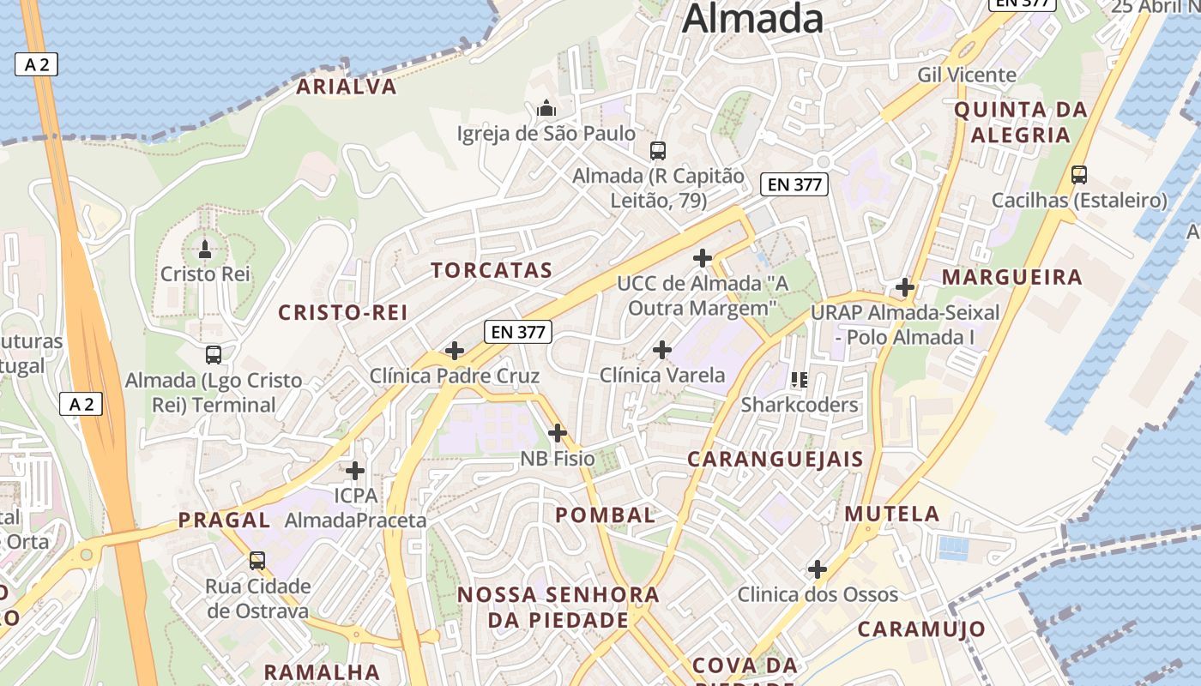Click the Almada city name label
pyautogui.click(x=753, y=19)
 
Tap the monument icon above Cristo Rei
pyautogui.click(x=205, y=250)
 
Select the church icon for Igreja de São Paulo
pyautogui.click(x=546, y=109)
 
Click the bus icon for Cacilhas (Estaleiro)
pyautogui.click(x=1079, y=175)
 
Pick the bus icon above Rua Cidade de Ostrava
pyautogui.click(x=257, y=561)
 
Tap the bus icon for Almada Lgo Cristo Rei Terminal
pyautogui.click(x=214, y=354)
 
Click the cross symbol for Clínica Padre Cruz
pyautogui.click(x=455, y=351)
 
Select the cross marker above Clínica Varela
pyautogui.click(x=662, y=350)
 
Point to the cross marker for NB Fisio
pyautogui.click(x=558, y=433)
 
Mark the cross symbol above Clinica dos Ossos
pyautogui.click(x=818, y=569)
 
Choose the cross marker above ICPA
pyautogui.click(x=355, y=471)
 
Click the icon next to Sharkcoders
pyautogui.click(x=800, y=379)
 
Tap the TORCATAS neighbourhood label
pyautogui.click(x=492, y=271)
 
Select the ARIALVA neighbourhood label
pyautogui.click(x=347, y=87)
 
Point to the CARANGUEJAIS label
pyautogui.click(x=776, y=460)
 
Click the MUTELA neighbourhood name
pyautogui.click(x=893, y=514)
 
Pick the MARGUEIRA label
pyautogui.click(x=1012, y=278)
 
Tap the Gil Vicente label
pyautogui.click(x=967, y=75)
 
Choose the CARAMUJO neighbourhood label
pyautogui.click(x=922, y=629)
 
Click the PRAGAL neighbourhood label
pyautogui.click(x=224, y=520)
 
